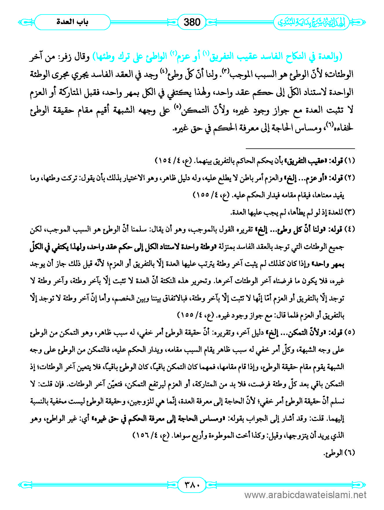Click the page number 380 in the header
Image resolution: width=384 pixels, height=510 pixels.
[192, 22]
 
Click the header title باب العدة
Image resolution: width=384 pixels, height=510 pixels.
[72, 22]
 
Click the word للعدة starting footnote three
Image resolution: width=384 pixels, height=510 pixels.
[336, 212]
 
